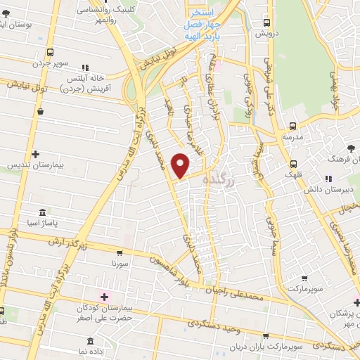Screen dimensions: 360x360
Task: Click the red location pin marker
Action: (x=181, y=165)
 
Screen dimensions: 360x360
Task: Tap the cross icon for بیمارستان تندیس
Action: (x=34, y=153)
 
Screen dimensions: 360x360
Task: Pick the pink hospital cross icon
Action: (x=105, y=297)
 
